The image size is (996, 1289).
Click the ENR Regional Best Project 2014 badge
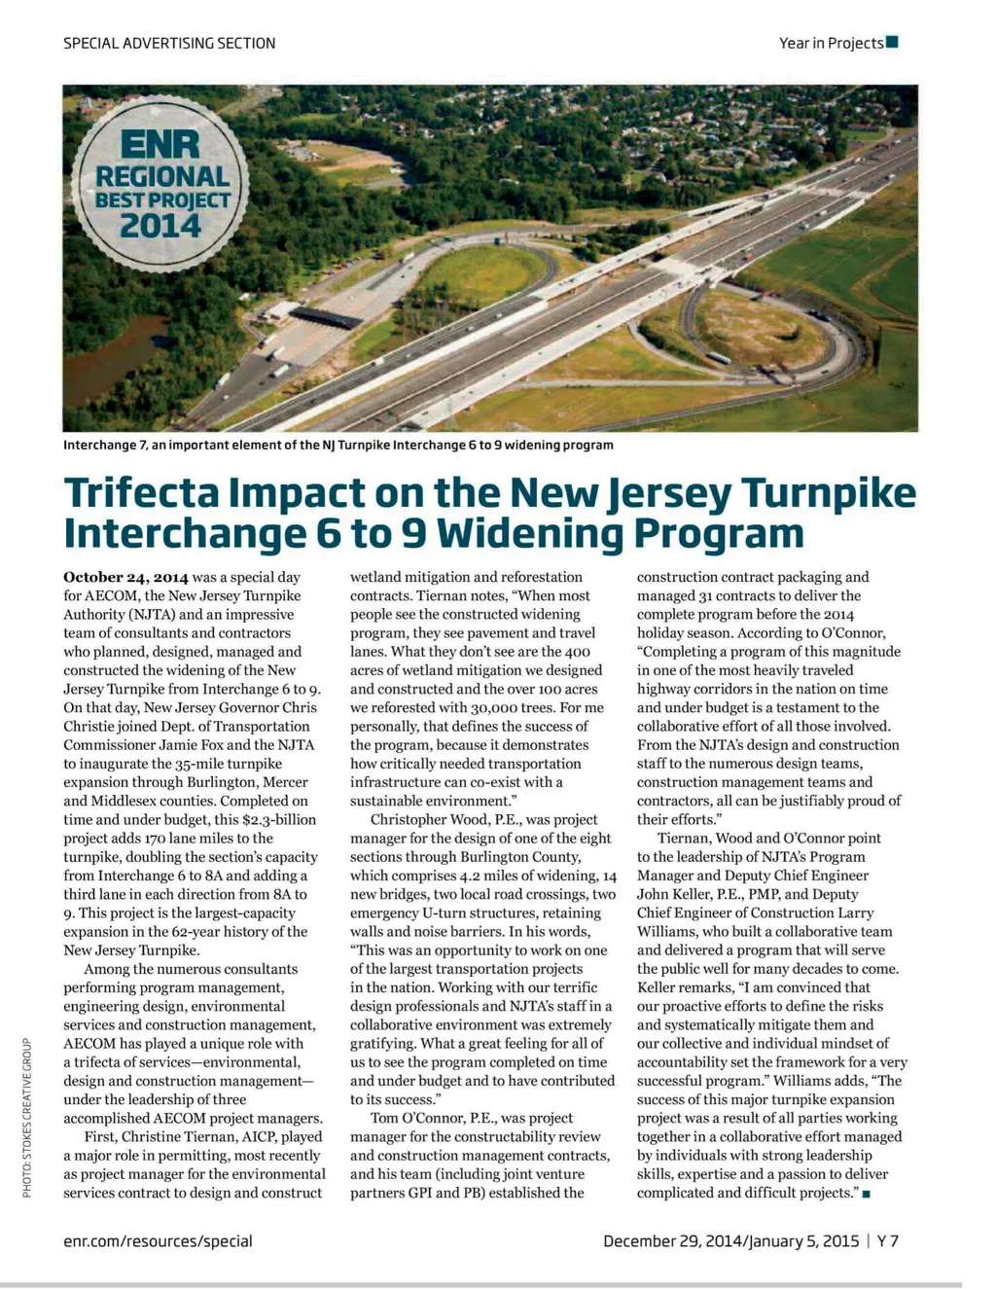pos(161,182)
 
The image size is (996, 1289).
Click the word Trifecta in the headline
pos(140,492)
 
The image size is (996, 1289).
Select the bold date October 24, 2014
pos(125,577)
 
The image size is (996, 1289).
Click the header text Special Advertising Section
pos(169,43)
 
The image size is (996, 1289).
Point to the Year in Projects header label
pos(831,43)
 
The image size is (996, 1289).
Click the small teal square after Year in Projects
pos(892,42)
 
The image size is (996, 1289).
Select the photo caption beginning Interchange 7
pos(338,445)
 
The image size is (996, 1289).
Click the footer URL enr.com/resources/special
pos(158,1240)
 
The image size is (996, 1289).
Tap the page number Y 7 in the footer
pos(887,1240)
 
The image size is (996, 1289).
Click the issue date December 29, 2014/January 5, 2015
pos(730,1240)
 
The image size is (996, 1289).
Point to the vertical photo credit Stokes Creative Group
pos(28,1118)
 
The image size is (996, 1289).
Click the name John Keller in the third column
pos(670,894)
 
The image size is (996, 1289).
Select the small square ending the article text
pos(866,1194)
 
